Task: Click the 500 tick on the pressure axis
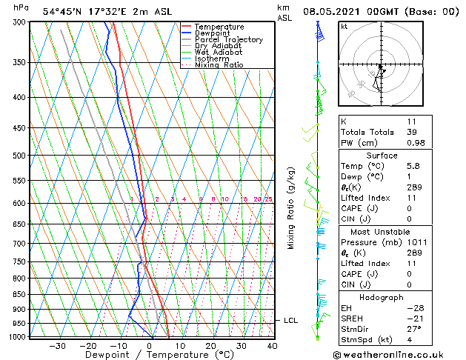tap(19, 156)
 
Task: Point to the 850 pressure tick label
tap(19, 294)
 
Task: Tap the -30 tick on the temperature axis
tap(57, 346)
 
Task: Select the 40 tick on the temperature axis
tap(272, 346)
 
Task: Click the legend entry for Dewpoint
tap(211, 33)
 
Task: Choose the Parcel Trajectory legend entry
tap(228, 40)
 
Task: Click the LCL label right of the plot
tap(291, 321)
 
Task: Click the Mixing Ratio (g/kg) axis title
tap(292, 208)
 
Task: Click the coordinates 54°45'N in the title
tap(64, 11)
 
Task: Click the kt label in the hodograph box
tap(344, 27)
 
